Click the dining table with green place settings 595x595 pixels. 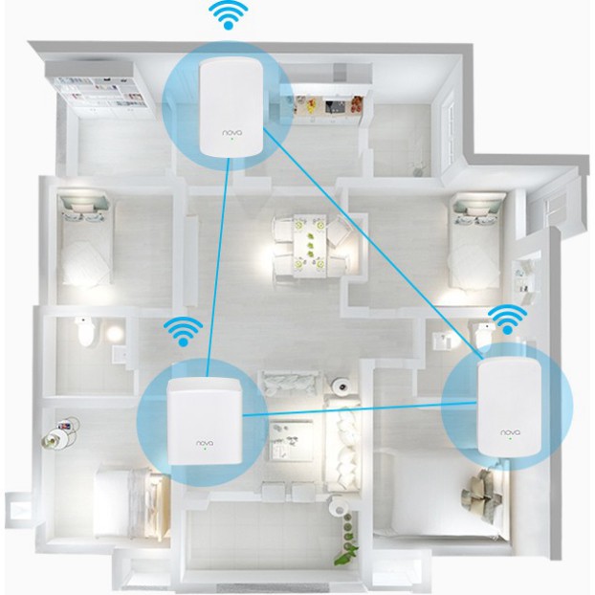tap(307, 239)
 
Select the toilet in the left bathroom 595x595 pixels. tap(83, 333)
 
